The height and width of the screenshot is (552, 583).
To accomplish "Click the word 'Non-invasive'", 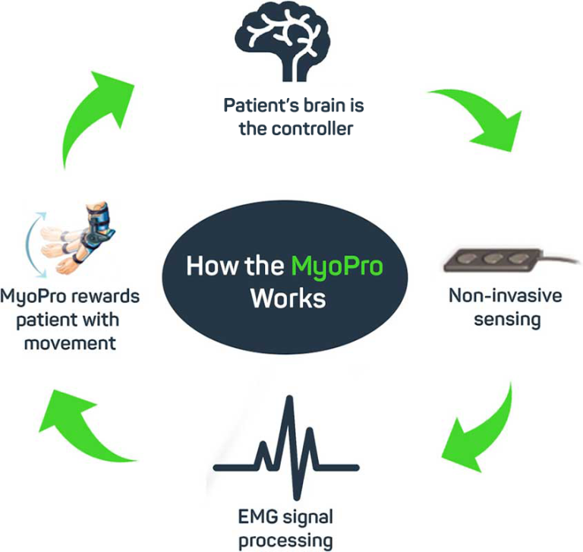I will click(x=506, y=295).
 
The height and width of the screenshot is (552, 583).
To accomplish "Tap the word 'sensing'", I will click(x=507, y=319).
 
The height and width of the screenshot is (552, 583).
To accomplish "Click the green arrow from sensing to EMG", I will click(x=478, y=433).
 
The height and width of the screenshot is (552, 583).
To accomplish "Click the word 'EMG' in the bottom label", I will click(x=255, y=519).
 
